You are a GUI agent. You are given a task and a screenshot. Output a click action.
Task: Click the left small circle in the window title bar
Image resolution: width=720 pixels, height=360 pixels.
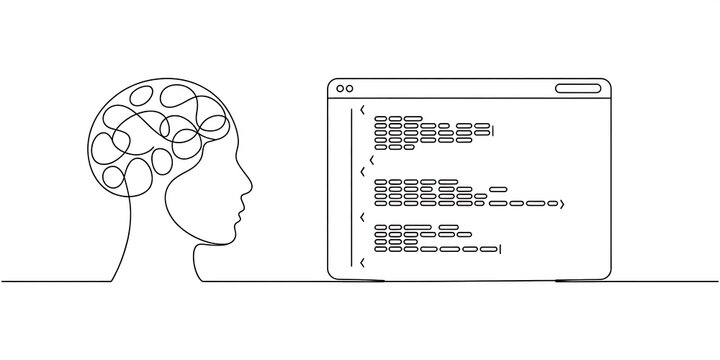pos(339,88)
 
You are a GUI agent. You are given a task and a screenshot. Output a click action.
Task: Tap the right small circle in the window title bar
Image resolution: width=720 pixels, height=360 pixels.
pos(349,88)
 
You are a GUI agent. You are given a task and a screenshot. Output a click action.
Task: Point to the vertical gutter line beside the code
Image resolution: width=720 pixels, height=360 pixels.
pos(351,190)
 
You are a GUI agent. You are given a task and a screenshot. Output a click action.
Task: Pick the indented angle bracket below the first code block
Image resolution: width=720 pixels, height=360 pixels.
pos(372,158)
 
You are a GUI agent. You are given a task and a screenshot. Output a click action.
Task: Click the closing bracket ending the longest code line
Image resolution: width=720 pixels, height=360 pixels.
pos(563,204)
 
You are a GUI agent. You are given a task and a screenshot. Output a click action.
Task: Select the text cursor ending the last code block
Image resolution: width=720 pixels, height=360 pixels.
pos(499,247)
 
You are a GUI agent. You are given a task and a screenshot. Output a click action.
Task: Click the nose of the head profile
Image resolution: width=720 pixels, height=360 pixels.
pos(247,187)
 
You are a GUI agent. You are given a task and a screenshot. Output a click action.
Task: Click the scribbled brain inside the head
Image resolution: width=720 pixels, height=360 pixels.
pos(150,135)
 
